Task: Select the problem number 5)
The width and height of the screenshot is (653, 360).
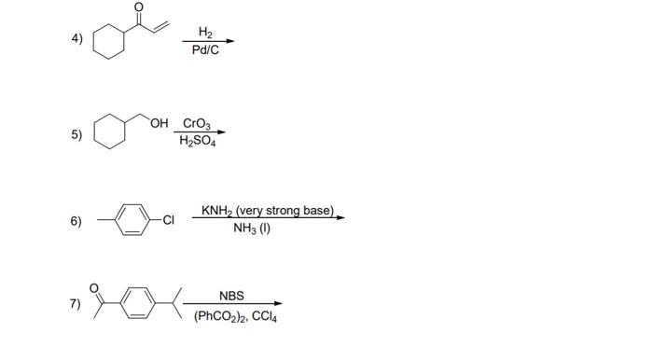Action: coord(76,134)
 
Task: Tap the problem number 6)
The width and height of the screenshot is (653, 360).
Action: coord(76,221)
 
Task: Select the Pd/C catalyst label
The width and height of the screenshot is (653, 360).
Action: coord(205,49)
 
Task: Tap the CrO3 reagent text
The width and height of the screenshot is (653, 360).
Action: coord(197,123)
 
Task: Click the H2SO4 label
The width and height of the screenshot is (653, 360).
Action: coord(197,141)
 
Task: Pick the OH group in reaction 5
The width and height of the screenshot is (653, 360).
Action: coord(162,122)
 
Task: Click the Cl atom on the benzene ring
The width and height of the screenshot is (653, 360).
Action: coord(168,221)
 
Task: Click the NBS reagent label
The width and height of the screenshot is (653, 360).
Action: coord(231,296)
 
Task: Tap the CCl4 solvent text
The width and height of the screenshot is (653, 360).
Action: coord(261,315)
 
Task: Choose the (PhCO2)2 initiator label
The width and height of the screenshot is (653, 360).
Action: coord(217,315)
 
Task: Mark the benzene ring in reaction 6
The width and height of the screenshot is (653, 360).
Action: coord(134,221)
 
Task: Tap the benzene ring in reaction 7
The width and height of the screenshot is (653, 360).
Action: coord(139,303)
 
